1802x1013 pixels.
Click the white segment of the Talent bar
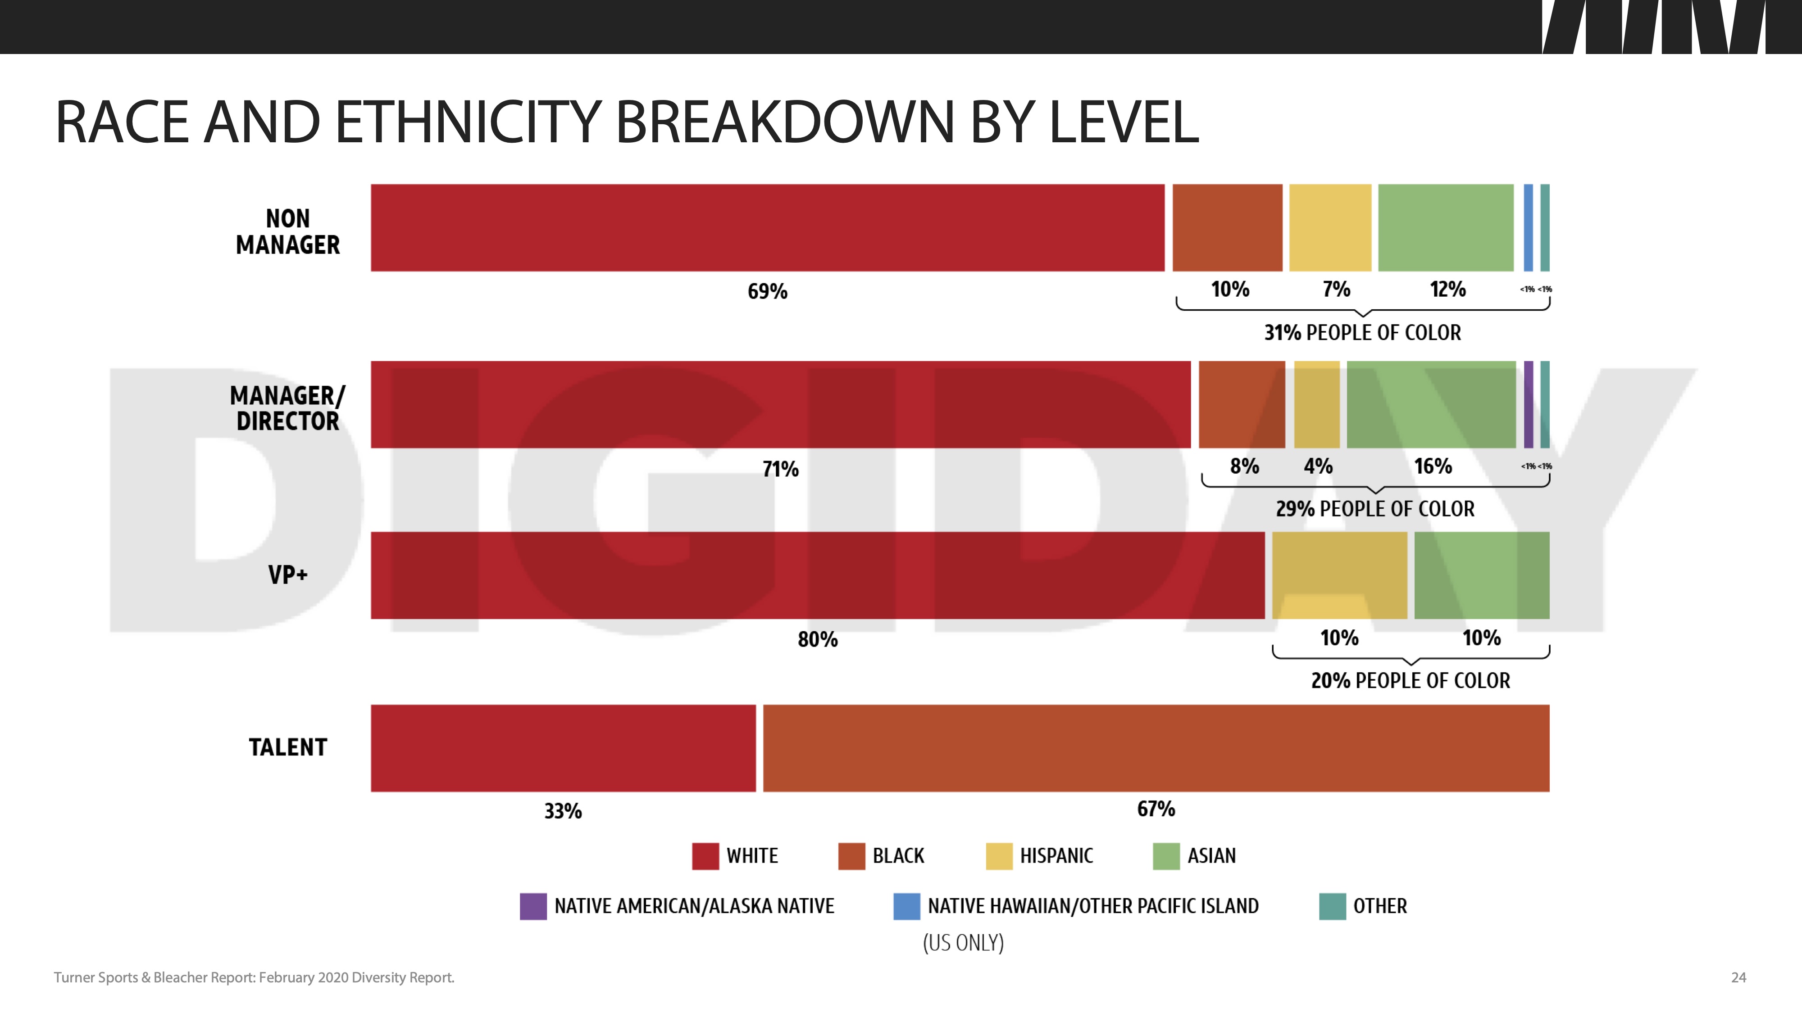(x=563, y=748)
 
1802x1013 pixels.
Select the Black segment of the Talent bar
(x=1156, y=748)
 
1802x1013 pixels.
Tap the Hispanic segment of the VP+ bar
(x=1339, y=575)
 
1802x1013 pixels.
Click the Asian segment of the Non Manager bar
(x=1445, y=228)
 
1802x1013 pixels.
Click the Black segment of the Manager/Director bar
(x=1242, y=405)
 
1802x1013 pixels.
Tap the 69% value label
(x=767, y=291)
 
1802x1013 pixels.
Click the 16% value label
(x=1433, y=466)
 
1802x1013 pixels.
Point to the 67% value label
(x=1156, y=809)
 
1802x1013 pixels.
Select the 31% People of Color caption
(x=1362, y=333)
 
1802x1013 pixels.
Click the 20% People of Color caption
(x=1410, y=680)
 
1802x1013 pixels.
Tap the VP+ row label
(x=287, y=574)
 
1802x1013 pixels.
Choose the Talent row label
(x=287, y=747)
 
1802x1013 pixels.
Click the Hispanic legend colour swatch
(x=999, y=856)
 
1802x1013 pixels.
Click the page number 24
(x=1738, y=977)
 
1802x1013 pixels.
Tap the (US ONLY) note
(x=963, y=943)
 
